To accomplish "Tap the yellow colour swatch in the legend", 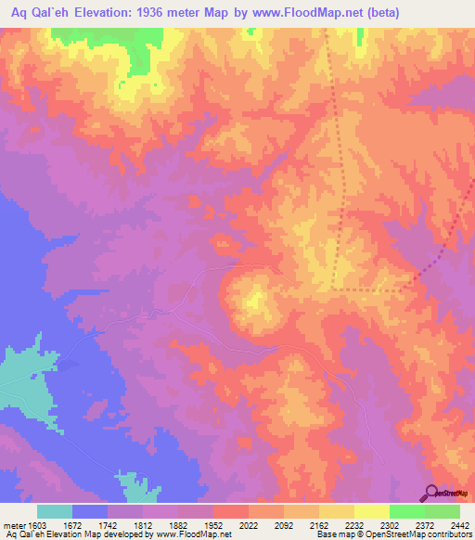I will coord(371,511).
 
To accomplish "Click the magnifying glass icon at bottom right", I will coord(432,493).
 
